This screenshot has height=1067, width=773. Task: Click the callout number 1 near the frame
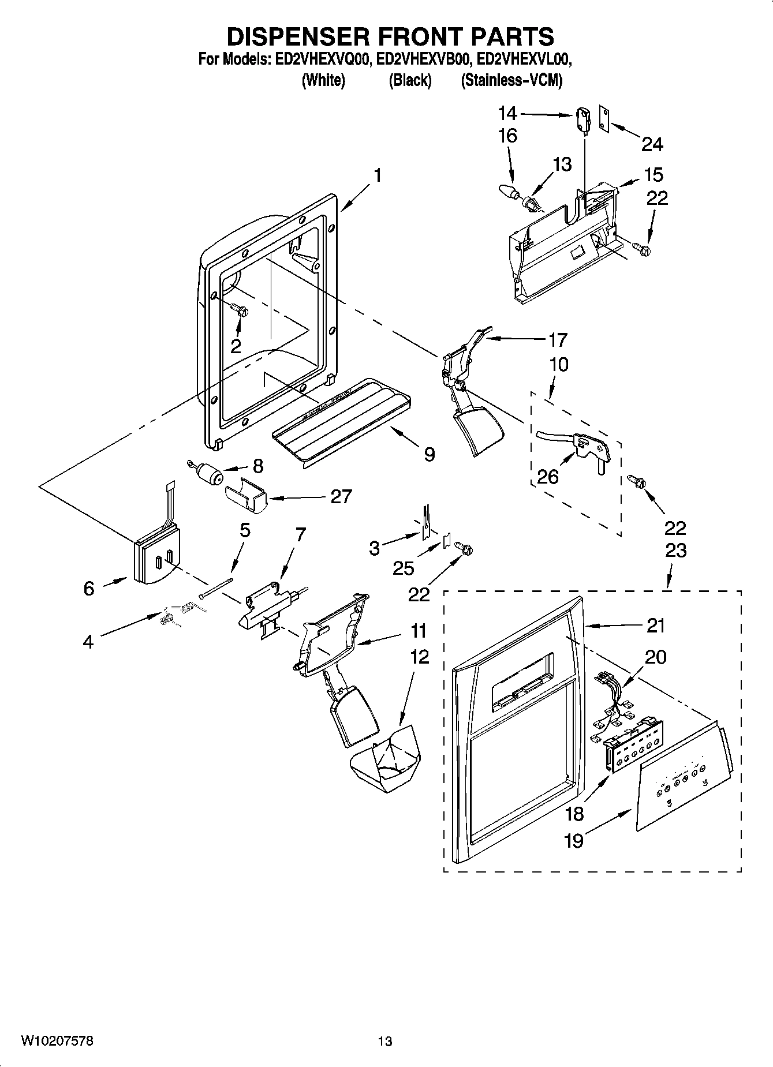[377, 175]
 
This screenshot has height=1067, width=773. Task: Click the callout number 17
[558, 339]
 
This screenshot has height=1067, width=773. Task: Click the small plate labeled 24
[604, 119]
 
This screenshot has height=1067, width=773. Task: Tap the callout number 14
[507, 114]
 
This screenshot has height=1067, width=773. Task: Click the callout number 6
[88, 588]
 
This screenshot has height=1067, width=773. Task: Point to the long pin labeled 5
[216, 588]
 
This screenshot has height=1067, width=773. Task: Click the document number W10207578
[57, 1041]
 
